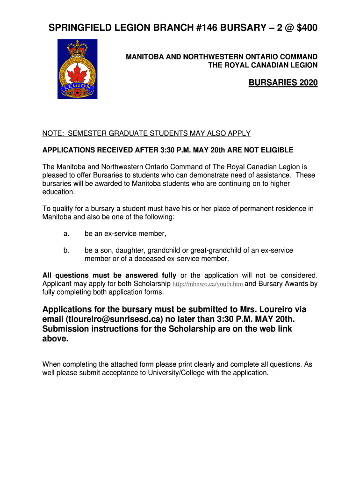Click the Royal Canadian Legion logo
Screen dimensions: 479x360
pyautogui.click(x=77, y=69)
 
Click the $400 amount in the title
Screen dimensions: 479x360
pyautogui.click(x=304, y=29)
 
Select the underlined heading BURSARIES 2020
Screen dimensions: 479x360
pyautogui.click(x=283, y=83)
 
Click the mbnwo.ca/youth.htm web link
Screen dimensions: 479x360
pyautogui.click(x=208, y=284)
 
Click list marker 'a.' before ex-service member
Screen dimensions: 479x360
pyautogui.click(x=66, y=233)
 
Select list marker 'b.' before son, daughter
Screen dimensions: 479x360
pyautogui.click(x=66, y=250)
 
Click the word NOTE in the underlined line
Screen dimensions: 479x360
pyautogui.click(x=52, y=133)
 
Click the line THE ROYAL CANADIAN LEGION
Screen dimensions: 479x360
pyautogui.click(x=263, y=65)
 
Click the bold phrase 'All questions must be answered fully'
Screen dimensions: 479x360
pyautogui.click(x=109, y=275)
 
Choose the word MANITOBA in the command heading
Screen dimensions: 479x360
pyautogui.click(x=143, y=57)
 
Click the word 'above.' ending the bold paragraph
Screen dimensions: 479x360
pyautogui.click(x=56, y=339)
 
